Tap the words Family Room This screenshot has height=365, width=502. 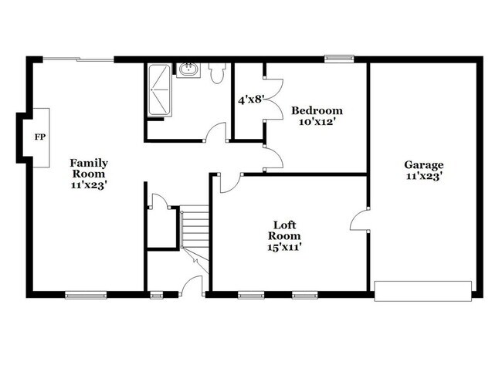(89, 168)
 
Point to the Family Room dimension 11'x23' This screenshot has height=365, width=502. (89, 185)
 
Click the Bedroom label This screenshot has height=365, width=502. (317, 110)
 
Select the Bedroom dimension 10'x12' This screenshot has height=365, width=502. (317, 122)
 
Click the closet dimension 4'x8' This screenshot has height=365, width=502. (251, 100)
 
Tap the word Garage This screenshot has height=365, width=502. (424, 164)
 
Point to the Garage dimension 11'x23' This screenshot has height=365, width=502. (424, 176)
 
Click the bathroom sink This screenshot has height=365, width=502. (188, 70)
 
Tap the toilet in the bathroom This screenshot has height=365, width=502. (217, 72)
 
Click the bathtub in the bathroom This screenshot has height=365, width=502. (160, 91)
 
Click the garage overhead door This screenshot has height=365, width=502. (422, 291)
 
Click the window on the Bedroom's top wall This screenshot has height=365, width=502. (339, 58)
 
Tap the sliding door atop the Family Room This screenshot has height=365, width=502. (78, 59)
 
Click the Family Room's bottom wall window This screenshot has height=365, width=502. (85, 294)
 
